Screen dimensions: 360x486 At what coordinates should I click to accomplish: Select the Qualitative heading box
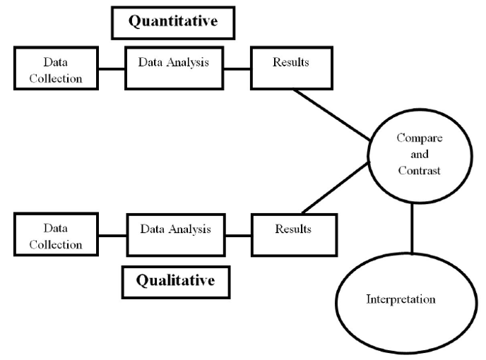[x=174, y=281]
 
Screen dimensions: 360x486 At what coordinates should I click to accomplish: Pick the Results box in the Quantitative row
[x=290, y=68]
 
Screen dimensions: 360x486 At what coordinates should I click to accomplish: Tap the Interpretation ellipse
[x=401, y=299]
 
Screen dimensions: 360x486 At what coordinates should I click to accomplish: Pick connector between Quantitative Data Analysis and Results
[x=235, y=69]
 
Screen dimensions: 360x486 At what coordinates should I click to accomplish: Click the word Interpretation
[x=401, y=299]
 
